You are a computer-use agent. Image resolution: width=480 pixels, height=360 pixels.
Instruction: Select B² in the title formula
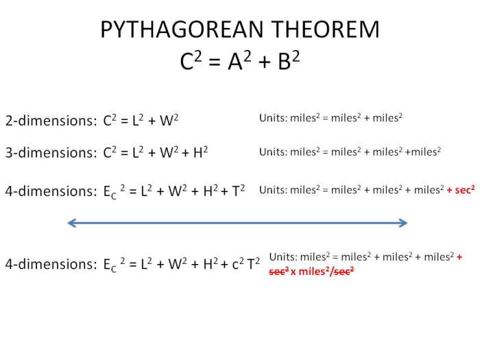(x=286, y=62)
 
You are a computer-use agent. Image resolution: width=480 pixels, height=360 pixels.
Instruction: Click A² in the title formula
(x=239, y=62)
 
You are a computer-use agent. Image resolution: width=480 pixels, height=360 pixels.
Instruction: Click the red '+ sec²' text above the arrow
(x=461, y=190)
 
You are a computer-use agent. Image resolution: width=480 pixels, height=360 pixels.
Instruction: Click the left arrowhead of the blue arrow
(x=72, y=222)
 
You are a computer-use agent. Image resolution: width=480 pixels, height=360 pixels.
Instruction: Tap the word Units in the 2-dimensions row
(x=272, y=118)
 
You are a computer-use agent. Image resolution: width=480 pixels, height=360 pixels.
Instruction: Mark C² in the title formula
(x=192, y=62)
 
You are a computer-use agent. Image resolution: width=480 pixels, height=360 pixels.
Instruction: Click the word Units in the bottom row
(x=282, y=257)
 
